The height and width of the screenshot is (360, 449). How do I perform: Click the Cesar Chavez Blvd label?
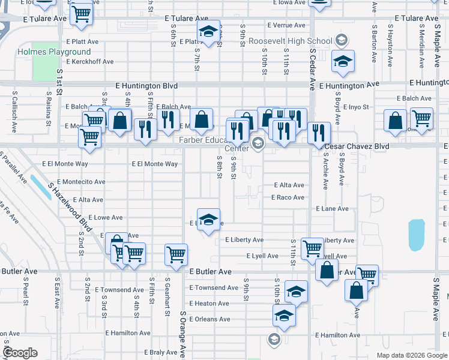357,146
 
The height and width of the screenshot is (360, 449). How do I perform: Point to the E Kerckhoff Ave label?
90,61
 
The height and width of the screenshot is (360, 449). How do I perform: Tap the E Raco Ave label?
288,197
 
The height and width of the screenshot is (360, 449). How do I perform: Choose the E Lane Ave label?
332,209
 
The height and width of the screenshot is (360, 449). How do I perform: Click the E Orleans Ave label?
209,319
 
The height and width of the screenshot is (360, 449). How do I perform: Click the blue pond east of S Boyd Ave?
415,235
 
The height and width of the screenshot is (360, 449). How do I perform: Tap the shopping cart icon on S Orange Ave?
176,254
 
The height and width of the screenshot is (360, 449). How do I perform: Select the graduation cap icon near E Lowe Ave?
208,220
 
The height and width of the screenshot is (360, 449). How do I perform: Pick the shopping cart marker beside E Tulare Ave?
81,14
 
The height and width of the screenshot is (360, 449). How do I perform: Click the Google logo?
20,353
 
